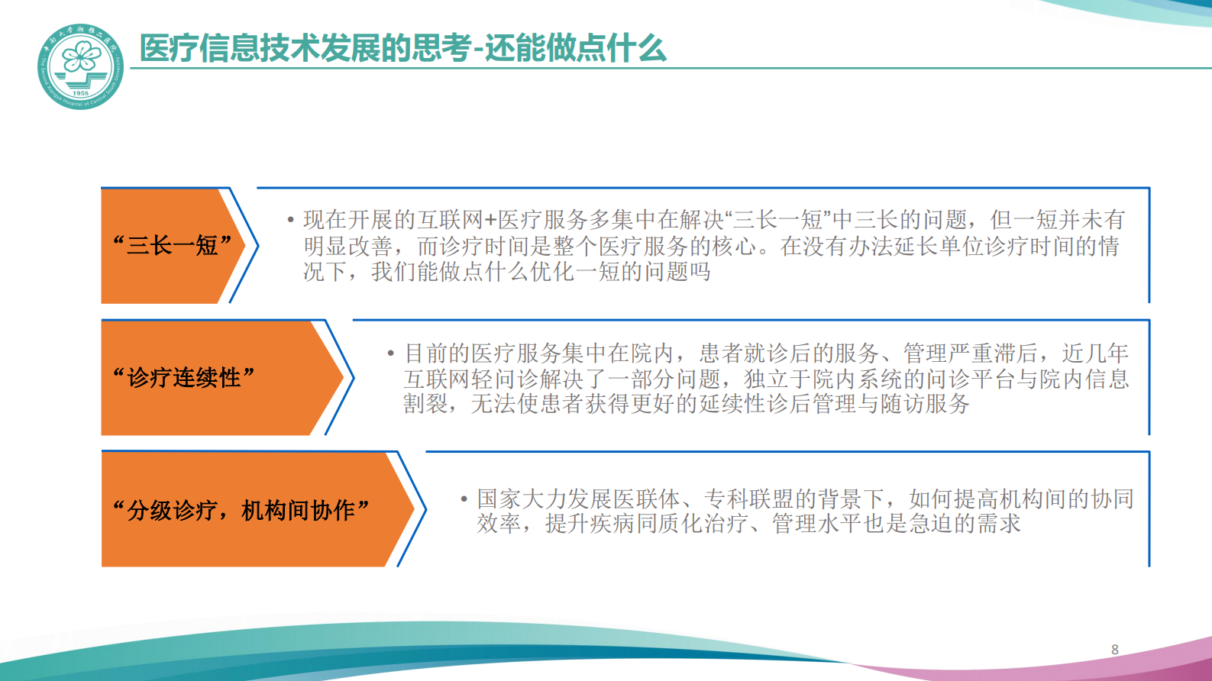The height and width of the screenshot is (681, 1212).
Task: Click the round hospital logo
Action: click(80, 66)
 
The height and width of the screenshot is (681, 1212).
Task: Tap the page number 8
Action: click(1115, 650)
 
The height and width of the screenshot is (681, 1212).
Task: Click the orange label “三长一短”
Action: click(172, 245)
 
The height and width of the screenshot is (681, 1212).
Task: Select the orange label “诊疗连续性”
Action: click(183, 377)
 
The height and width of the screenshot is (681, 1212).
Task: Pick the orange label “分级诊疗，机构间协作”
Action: click(241, 509)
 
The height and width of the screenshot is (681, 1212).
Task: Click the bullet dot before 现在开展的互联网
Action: click(291, 221)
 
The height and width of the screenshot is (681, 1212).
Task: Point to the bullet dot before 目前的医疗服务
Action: click(391, 353)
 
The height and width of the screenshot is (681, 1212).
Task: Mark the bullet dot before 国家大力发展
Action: click(464, 499)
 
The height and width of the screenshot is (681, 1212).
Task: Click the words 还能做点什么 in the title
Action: click(576, 49)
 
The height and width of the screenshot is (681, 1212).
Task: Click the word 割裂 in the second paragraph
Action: click(425, 404)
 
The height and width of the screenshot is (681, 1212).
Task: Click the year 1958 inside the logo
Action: click(80, 93)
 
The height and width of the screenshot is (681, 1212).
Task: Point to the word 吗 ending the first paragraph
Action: click(700, 272)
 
